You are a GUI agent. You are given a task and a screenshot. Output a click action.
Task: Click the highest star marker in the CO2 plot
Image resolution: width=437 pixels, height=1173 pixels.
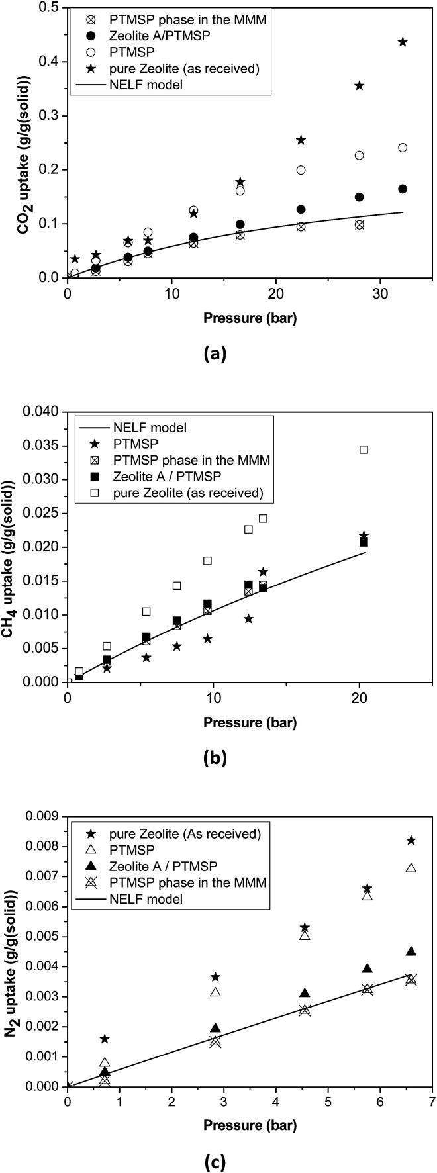click(x=403, y=42)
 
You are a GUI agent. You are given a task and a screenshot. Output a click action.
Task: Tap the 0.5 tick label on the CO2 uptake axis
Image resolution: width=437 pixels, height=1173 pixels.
click(x=50, y=8)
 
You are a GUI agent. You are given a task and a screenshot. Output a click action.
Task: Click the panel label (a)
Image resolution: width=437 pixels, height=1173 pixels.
click(x=217, y=353)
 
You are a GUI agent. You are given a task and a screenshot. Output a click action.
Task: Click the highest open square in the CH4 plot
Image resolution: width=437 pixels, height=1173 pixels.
click(x=364, y=449)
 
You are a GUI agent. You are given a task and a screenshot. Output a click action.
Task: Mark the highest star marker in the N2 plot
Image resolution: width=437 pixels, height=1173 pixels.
click(x=411, y=840)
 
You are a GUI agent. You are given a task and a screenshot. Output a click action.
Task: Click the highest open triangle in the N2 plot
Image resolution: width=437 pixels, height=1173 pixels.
click(x=411, y=867)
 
